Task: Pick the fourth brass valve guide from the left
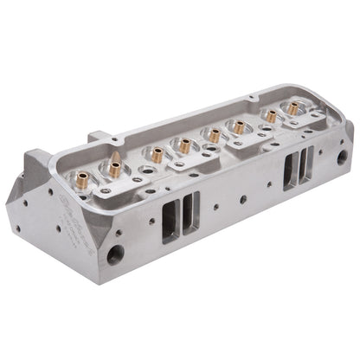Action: [184, 145]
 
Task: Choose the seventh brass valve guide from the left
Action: [270, 115]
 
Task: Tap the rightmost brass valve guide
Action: [293, 107]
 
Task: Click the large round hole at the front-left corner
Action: [114, 254]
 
